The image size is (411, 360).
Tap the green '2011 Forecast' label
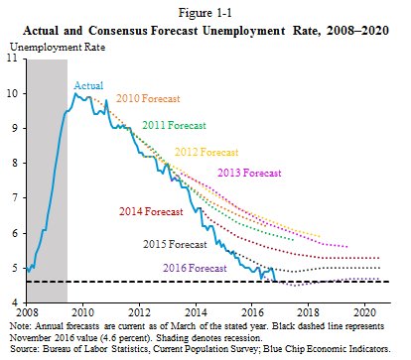[x=175, y=126]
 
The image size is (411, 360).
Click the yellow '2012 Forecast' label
[x=206, y=153]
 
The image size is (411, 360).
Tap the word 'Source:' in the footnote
[x=24, y=351]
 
